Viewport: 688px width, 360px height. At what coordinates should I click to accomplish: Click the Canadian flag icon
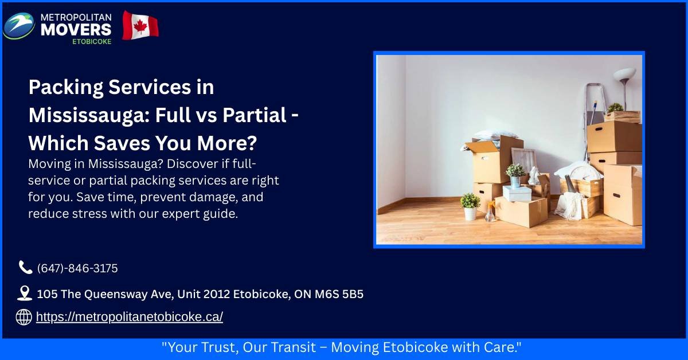pos(140,26)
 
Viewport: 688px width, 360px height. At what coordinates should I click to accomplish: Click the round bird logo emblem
pos(18,26)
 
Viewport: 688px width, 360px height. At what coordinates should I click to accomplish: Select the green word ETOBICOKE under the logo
pos(92,41)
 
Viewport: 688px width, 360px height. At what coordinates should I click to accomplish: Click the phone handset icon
pos(25,267)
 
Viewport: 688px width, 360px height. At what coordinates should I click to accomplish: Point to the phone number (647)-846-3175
pos(77,268)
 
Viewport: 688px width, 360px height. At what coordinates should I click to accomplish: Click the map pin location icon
pos(25,294)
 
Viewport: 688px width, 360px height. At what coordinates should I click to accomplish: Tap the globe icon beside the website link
pos(24,317)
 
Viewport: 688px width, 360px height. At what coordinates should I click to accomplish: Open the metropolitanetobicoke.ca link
pos(129,317)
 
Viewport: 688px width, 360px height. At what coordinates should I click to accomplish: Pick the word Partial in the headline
pos(253,115)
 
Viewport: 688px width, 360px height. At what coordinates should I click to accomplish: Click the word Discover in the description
pos(188,163)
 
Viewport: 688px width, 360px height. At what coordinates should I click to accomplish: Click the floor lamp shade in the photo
pos(624,75)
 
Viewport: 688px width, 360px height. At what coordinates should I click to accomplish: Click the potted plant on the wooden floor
pos(470,206)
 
